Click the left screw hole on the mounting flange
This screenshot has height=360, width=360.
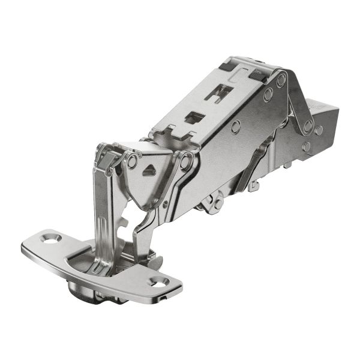point(48,238)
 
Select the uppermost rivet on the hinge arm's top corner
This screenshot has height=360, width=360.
point(281,79)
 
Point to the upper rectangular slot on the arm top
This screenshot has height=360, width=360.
point(220,92)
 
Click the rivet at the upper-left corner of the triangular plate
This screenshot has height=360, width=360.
point(131,161)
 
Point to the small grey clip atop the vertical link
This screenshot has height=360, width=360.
point(110,161)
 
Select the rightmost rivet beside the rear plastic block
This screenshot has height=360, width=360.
point(319,130)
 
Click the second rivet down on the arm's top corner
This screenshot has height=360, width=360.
point(267,93)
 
